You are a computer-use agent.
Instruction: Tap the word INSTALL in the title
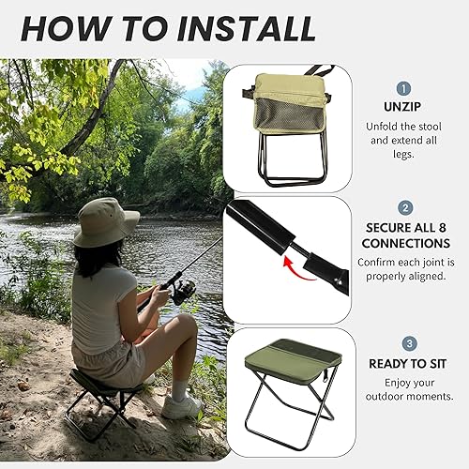click(245, 28)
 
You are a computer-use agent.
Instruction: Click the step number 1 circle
click(405, 88)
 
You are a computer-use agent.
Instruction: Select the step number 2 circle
click(405, 208)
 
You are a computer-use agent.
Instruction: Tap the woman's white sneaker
click(182, 405)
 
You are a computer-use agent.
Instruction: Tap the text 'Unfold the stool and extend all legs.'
click(405, 140)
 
